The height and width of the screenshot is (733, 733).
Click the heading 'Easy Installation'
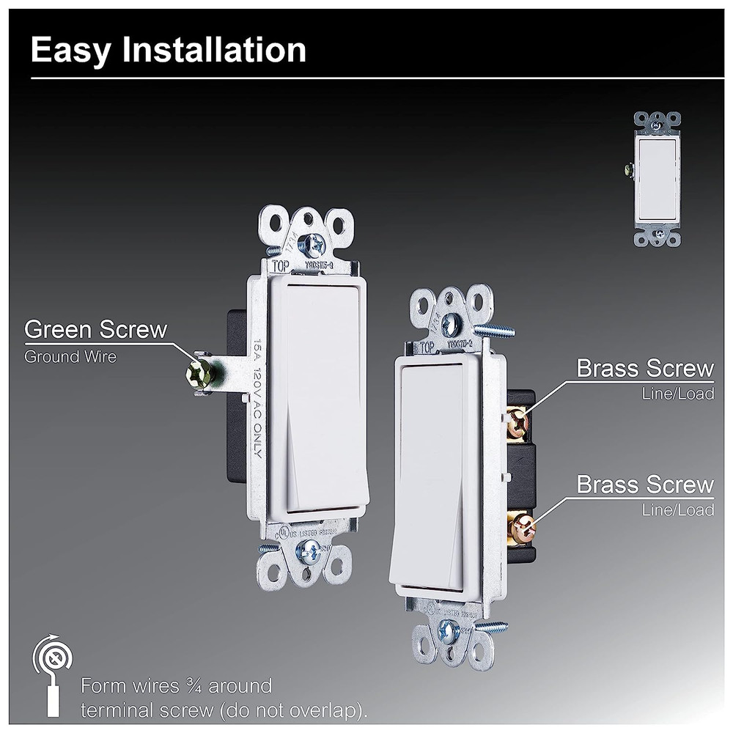coord(169,50)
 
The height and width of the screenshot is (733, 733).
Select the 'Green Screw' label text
coord(96,330)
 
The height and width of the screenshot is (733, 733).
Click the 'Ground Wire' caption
coord(70,357)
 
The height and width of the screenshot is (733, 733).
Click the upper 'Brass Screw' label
coord(645,368)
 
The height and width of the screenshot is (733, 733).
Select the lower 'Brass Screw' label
coord(645,485)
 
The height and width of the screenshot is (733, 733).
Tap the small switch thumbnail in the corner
coord(657,179)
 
